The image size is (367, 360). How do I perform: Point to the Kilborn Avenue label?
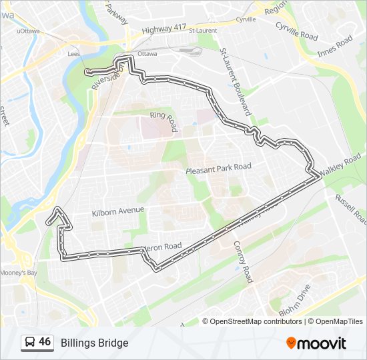tap(117, 211)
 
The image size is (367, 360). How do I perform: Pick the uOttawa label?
tap(27, 31)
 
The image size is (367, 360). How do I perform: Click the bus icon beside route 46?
tap(30, 342)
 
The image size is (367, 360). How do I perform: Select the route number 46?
tap(45, 341)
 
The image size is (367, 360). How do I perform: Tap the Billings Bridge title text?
tap(94, 343)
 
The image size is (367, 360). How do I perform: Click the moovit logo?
tap(316, 343)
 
